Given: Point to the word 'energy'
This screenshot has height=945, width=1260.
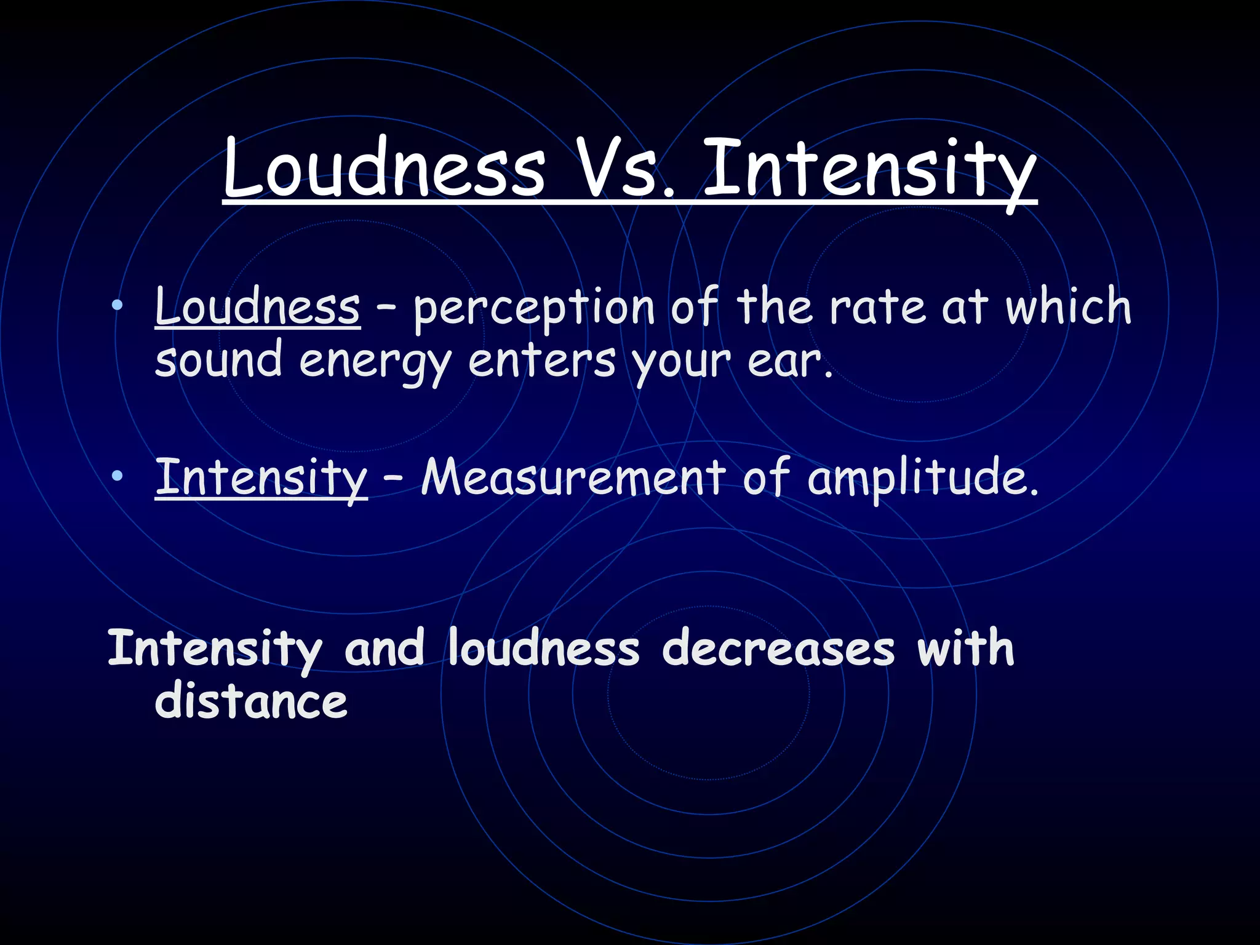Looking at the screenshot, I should pos(375,363).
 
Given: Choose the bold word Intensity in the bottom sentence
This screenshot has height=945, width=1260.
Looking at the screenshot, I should pos(215,649).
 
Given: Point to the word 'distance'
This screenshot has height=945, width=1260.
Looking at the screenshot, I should pos(251,701).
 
